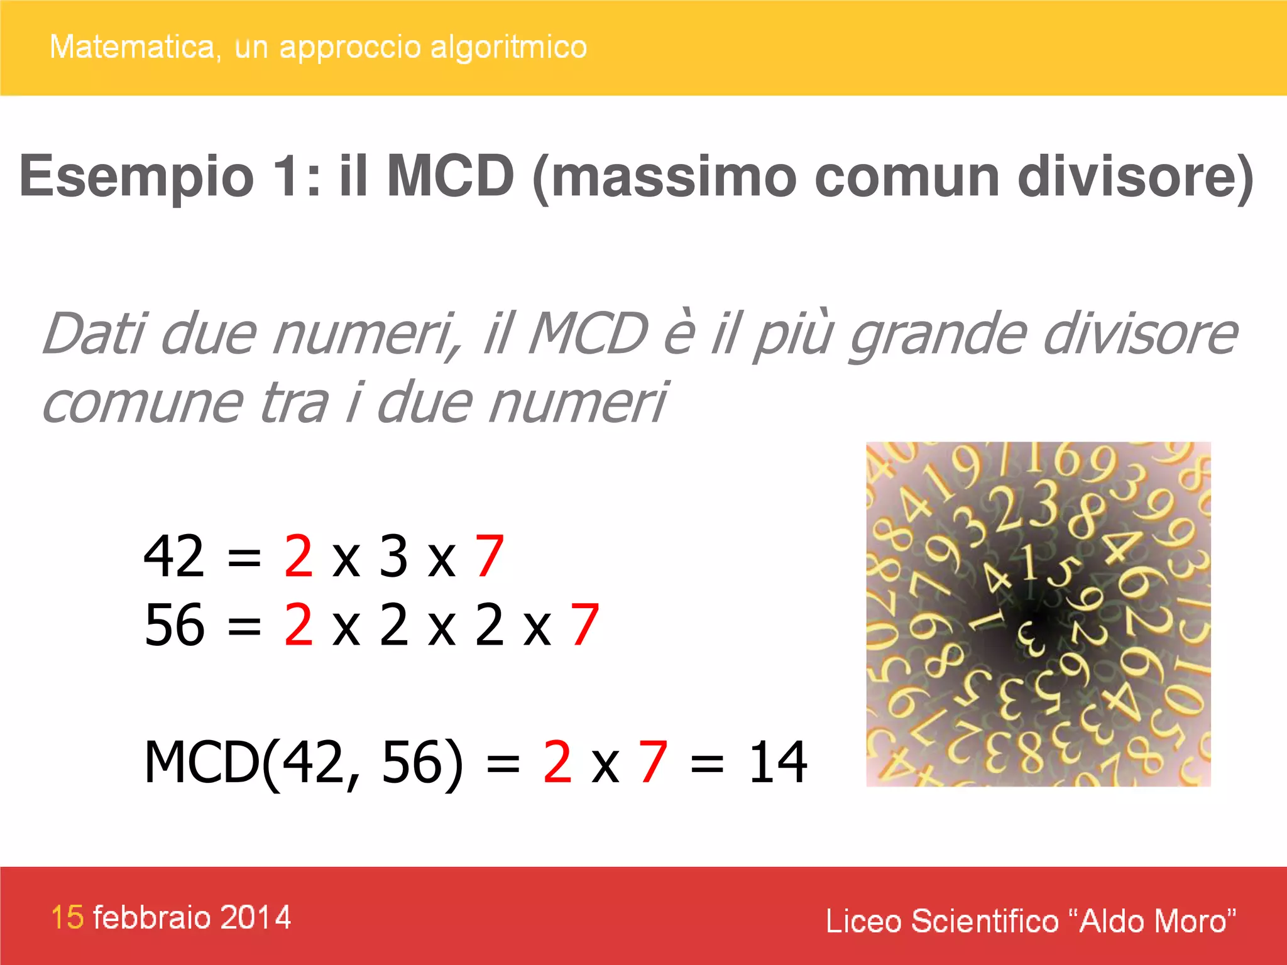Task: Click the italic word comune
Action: click(x=142, y=403)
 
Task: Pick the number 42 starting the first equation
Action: click(x=174, y=555)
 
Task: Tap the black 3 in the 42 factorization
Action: click(x=394, y=555)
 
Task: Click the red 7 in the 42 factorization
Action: click(x=490, y=555)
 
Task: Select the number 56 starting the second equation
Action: click(x=174, y=624)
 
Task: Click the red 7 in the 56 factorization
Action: click(x=585, y=624)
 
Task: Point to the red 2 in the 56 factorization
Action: click(x=298, y=624)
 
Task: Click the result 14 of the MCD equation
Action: click(x=778, y=762)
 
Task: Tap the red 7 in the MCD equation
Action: click(x=653, y=762)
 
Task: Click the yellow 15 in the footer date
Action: click(x=67, y=917)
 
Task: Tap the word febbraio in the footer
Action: click(x=151, y=917)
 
